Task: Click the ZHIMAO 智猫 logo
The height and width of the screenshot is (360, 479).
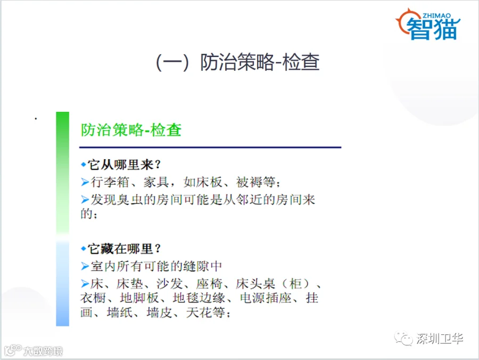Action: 428,24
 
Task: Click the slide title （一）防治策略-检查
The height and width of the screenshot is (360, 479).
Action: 238,62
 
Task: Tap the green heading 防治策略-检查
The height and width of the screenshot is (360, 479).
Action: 131,130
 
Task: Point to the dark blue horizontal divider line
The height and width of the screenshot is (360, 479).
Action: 210,148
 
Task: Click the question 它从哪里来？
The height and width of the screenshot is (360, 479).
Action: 124,165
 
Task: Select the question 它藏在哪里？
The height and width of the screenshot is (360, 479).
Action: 124,249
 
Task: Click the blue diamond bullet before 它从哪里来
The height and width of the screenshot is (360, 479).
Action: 84,165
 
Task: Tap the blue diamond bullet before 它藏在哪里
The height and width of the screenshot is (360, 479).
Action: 84,249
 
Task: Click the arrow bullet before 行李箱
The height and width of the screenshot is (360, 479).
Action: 85,182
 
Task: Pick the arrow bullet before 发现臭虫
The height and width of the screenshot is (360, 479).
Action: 85,200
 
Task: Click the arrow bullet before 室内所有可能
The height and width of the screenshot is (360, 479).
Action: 85,266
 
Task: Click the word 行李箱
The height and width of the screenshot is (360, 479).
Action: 110,182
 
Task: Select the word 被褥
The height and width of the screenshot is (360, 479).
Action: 249,182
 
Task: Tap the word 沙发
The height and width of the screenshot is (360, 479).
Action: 170,284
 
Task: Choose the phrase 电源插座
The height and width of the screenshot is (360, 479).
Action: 266,298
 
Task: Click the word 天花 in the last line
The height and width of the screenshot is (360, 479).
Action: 199,312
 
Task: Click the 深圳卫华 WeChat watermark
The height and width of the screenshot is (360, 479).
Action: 429,339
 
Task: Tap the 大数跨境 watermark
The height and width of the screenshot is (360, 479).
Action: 34,351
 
